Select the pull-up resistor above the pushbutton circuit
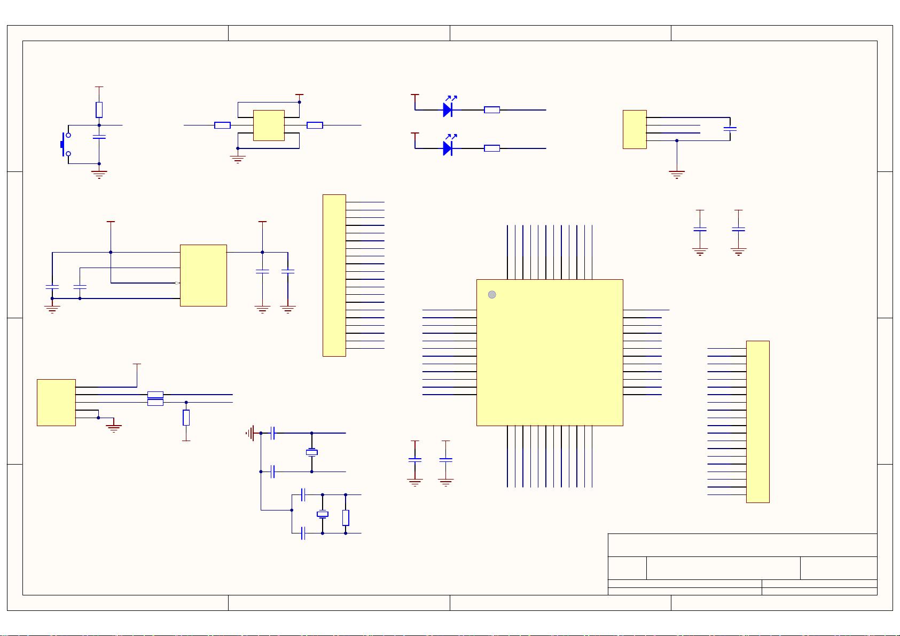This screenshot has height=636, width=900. coord(99,110)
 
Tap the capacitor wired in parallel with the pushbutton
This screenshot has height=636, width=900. coord(99,137)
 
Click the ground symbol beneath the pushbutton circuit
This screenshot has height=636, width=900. coord(99,174)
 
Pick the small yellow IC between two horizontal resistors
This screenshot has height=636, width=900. coord(268,125)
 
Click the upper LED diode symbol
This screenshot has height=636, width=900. coord(448,110)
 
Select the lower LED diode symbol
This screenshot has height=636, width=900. coord(448,148)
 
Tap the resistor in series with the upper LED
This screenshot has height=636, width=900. coord(491,110)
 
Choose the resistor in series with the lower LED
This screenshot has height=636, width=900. coord(491,148)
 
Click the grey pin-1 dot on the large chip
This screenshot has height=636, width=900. coord(492,295)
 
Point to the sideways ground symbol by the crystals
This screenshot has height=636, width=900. coord(250,433)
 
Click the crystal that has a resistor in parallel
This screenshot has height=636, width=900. coord(322,514)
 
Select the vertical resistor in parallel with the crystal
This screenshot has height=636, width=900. coord(346,517)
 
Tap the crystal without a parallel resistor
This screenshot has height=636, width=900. coord(311,453)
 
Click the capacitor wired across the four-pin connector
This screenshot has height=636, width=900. coord(730,129)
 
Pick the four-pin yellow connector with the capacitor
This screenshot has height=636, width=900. coord(635,129)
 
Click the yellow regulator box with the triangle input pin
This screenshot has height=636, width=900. coord(203,276)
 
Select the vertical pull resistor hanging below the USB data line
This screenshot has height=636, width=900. coord(186,418)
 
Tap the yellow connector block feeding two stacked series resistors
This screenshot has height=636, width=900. coord(56,403)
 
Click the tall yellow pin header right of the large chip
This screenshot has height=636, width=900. coord(757,422)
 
